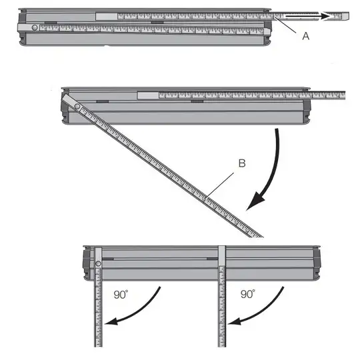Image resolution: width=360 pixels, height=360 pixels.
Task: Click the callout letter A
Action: [306, 37]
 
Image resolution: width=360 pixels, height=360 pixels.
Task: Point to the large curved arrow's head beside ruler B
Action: [252, 205]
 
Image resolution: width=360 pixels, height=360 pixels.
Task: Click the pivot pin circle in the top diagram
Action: [34, 27]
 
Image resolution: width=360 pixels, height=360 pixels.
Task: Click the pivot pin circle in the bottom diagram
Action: [98, 264]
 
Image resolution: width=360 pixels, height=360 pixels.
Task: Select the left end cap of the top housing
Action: [22, 27]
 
